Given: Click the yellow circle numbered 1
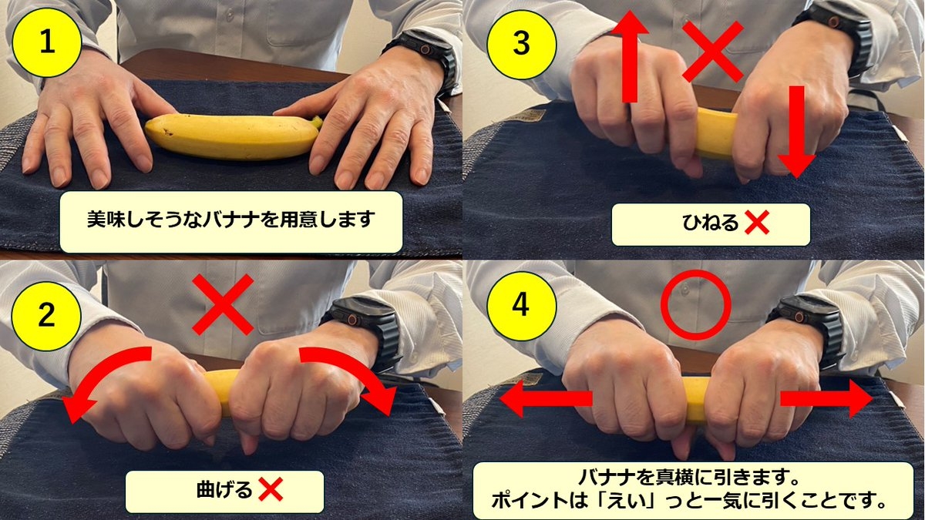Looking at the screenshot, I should pos(47,43).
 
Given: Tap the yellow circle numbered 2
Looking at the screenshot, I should pos(47,316).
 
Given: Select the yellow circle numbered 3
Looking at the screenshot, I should pos(522,43).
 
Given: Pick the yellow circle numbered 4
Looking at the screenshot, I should pos(522,305).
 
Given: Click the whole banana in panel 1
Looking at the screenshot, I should pos(231,136).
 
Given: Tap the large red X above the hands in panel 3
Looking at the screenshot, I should pos(713,51).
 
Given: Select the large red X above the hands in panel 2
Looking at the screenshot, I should pos(223,306).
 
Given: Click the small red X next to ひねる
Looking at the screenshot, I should pos(758,224).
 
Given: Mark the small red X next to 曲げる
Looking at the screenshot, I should pos(271,490).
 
